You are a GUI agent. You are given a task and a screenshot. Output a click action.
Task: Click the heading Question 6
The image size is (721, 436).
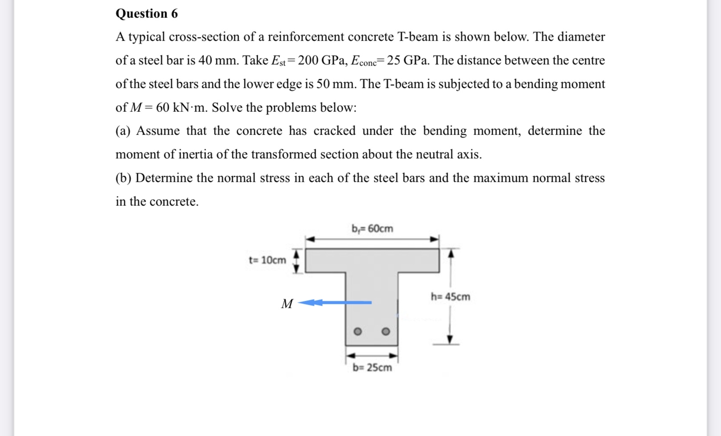click(x=146, y=13)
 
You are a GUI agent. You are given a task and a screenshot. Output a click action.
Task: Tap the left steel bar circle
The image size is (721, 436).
click(x=357, y=331)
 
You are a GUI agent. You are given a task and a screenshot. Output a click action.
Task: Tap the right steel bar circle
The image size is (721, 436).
click(x=386, y=331)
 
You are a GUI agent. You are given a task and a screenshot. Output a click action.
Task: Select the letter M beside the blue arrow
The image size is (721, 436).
click(x=287, y=304)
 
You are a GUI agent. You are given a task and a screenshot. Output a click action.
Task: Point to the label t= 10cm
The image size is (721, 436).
click(x=267, y=260)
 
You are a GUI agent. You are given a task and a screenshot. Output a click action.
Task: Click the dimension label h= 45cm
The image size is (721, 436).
click(x=450, y=297)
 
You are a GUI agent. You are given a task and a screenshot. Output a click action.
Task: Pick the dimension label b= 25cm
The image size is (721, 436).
click(x=372, y=367)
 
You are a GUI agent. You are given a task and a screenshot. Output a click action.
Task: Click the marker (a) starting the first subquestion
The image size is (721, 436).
click(x=123, y=131)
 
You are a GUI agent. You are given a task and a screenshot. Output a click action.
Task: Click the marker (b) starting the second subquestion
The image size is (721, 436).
click(x=123, y=178)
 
